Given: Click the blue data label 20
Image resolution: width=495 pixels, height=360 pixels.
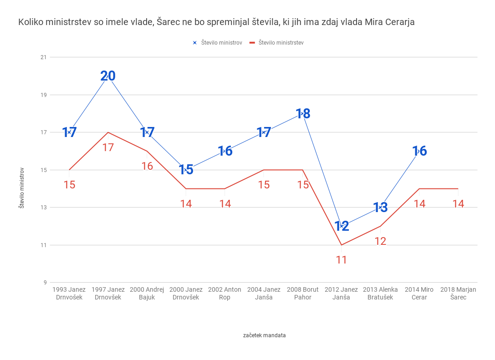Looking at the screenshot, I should (108, 76).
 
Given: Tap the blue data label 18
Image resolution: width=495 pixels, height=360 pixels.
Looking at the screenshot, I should (303, 114).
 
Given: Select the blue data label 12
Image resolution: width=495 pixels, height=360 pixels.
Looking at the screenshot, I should (342, 226).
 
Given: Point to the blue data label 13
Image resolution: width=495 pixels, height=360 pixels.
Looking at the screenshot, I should (380, 208).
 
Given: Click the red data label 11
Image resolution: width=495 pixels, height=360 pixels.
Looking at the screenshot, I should (342, 260).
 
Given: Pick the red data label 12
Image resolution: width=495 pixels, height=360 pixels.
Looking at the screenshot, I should (380, 241).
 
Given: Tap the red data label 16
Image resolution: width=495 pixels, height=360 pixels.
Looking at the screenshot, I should (147, 166).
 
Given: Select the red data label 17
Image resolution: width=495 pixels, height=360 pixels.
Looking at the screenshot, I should (108, 147).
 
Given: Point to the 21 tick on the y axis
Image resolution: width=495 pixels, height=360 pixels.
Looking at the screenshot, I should (44, 57).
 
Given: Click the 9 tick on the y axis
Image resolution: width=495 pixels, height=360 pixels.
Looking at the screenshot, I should (45, 283).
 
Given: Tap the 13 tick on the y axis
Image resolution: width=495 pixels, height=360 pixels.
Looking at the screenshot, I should (44, 208).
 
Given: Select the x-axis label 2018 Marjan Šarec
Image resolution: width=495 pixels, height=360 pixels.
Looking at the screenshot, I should (458, 294).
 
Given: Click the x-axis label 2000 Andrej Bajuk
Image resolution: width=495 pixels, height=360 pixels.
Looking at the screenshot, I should (147, 294).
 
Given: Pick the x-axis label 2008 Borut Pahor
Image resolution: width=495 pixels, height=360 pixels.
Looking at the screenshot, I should (303, 294).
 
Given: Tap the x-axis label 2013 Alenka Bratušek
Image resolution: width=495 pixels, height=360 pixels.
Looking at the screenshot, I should (380, 294).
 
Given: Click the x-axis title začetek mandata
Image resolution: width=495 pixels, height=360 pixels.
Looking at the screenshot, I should (264, 335).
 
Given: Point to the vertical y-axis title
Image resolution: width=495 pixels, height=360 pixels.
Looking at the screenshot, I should (21, 188).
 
